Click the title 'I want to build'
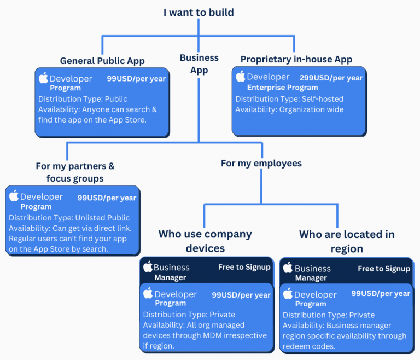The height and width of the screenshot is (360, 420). click(x=199, y=12)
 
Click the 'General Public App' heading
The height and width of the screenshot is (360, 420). click(x=102, y=61)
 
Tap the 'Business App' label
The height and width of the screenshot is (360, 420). click(x=199, y=63)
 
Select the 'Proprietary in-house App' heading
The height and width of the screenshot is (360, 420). click(x=296, y=59)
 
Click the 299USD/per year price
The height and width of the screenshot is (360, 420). click(x=331, y=78)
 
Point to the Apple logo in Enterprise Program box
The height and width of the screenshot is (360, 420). click(x=240, y=77)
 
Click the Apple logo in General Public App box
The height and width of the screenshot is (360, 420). click(x=43, y=78)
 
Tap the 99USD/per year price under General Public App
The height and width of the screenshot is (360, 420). click(x=136, y=79)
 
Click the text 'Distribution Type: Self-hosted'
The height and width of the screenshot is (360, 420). click(x=289, y=99)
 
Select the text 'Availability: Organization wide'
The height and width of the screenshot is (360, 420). click(x=289, y=109)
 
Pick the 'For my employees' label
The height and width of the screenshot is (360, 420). click(x=261, y=163)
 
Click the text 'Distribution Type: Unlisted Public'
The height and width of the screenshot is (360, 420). click(x=69, y=218)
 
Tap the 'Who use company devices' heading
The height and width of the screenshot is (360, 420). click(x=205, y=241)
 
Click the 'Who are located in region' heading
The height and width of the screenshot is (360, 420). click(x=347, y=241)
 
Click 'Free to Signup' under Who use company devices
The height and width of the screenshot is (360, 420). click(x=244, y=267)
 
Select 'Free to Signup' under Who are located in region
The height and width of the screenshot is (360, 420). click(x=384, y=269)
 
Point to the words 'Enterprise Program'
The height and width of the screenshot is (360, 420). click(x=282, y=88)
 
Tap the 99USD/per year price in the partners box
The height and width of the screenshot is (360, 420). click(x=107, y=198)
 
